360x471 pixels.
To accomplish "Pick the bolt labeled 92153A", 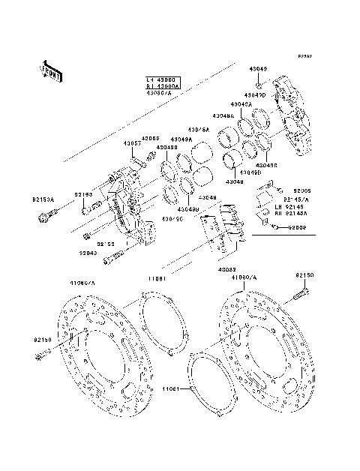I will pyautogui.click(x=43, y=217).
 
